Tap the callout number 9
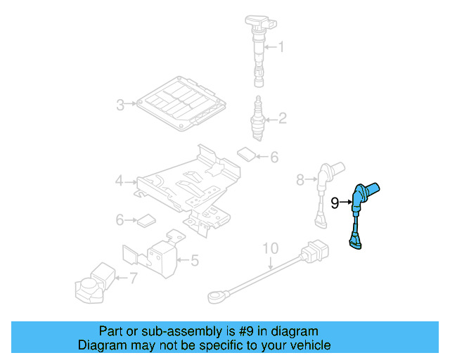(336, 203)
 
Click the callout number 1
(281, 47)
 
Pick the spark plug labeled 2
(257, 117)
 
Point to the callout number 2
(282, 118)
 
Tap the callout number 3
(120, 105)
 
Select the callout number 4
(120, 182)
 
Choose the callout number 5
(195, 261)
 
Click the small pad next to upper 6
(245, 153)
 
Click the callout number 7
(133, 279)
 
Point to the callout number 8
(300, 181)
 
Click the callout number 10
(271, 248)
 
